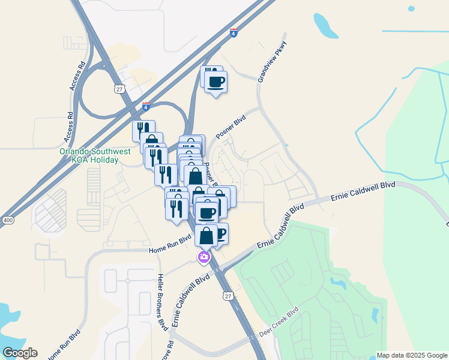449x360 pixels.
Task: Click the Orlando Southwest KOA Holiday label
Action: tap(95, 156)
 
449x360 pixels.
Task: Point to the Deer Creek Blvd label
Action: tap(278, 322)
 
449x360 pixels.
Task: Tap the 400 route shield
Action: tap(7, 221)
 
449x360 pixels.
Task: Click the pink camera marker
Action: tap(204, 257)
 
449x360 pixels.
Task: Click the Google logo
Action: tap(20, 353)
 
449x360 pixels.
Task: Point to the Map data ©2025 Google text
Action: tap(411, 355)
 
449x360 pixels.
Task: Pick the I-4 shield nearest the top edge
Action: tap(234, 32)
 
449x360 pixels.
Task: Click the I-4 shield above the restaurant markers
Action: tap(146, 106)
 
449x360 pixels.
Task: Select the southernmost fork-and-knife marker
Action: tap(176, 211)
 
